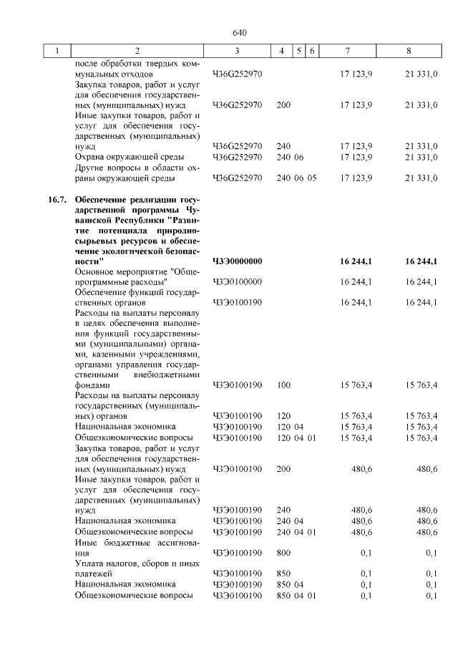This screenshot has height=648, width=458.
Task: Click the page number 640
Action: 239,33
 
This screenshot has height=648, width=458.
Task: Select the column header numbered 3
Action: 237,51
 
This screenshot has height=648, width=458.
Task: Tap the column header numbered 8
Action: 409,51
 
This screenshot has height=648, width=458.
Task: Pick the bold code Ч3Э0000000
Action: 238,261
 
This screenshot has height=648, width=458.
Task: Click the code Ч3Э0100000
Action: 238,282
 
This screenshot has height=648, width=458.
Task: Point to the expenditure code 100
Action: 283,385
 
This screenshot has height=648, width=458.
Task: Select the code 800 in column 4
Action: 283,553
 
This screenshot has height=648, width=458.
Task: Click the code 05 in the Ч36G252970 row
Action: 312,178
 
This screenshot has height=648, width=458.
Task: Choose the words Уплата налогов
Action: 108,564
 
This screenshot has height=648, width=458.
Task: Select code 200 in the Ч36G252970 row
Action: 283,105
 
